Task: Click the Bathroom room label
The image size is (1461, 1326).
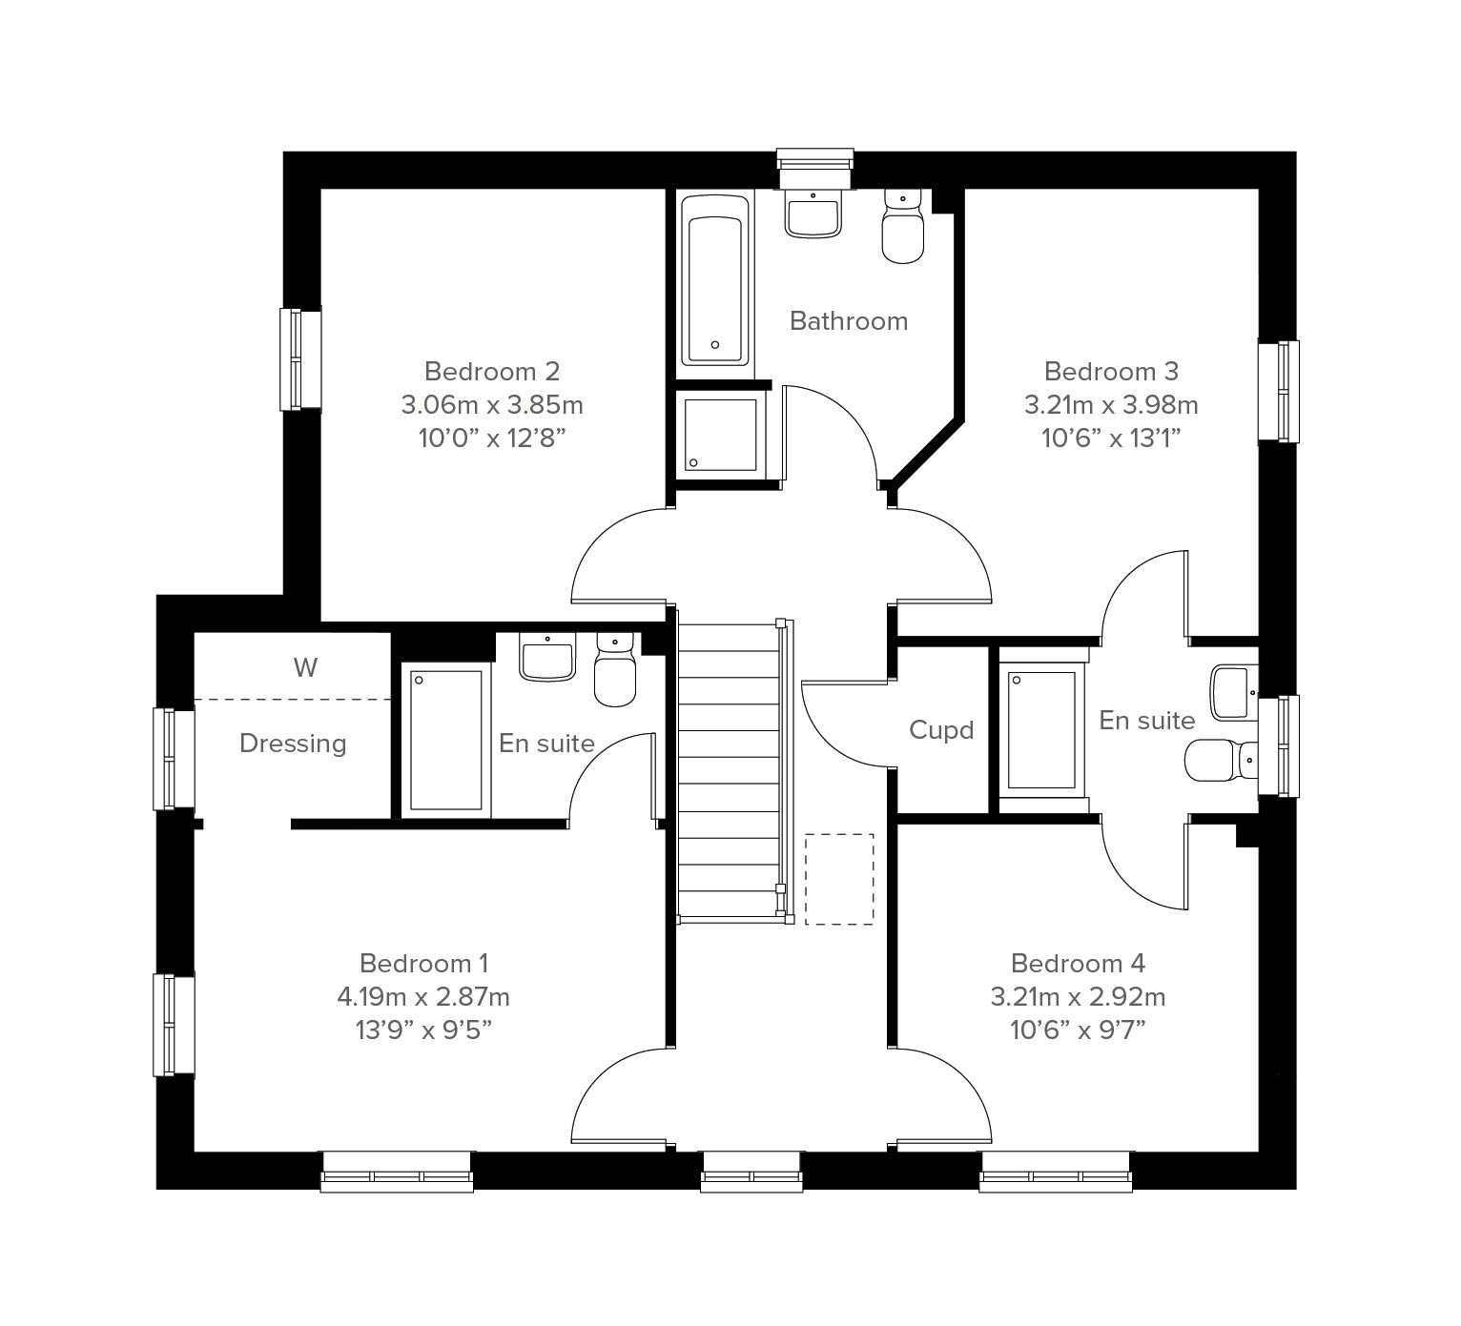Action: (849, 321)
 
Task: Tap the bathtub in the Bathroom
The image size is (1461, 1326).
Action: (715, 280)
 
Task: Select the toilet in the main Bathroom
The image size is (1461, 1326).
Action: (903, 226)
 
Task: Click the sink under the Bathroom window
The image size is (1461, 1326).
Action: (813, 214)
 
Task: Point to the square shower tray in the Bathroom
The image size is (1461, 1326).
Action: (721, 436)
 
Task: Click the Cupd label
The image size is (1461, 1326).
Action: (941, 729)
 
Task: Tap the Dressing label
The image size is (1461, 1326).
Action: (293, 744)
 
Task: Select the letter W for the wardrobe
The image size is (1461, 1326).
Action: (305, 667)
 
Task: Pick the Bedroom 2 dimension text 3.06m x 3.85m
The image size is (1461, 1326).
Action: (492, 405)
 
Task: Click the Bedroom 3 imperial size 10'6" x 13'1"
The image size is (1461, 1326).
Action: (1111, 439)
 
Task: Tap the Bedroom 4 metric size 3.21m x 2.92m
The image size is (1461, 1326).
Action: (1078, 997)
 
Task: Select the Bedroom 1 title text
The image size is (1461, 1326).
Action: (423, 964)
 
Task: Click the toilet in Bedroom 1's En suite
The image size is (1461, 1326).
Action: (615, 669)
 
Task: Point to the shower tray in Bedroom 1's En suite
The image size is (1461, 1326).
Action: (445, 741)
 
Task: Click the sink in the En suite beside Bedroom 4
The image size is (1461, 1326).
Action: (1234, 692)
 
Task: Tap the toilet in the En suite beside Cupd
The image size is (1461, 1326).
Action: (1222, 760)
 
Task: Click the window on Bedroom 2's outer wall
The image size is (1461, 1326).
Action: (300, 359)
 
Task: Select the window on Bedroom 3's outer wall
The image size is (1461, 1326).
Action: (1279, 391)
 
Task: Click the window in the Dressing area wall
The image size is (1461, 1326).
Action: (174, 759)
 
